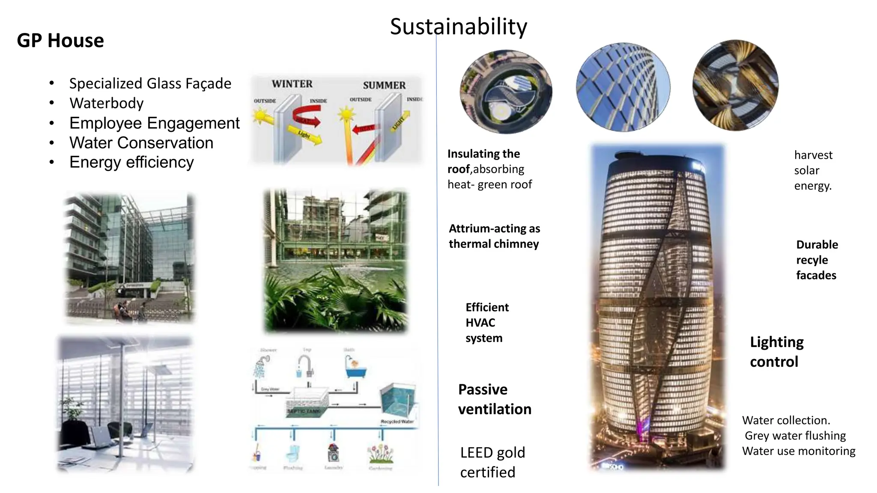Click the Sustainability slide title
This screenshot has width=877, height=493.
tap(458, 27)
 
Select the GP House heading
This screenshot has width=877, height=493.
tap(60, 41)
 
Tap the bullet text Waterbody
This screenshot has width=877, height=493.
tap(107, 103)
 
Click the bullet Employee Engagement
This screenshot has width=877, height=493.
tap(154, 123)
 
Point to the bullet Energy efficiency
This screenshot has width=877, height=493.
tap(131, 162)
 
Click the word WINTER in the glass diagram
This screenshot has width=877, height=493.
tap(292, 84)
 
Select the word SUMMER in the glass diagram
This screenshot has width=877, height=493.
tap(384, 85)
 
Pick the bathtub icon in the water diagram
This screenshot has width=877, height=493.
tap(356, 369)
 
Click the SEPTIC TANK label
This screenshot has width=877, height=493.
tap(304, 411)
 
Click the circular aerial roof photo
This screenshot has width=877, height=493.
tap(506, 92)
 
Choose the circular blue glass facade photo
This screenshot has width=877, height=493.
tap(623, 87)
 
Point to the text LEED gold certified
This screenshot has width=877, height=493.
tap(492, 462)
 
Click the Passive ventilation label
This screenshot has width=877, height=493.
tap(495, 399)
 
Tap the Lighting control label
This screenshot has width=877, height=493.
tap(776, 352)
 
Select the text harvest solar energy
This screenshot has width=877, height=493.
tap(813, 170)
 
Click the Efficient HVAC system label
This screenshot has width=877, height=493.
tap(487, 323)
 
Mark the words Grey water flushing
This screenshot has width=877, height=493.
tap(795, 436)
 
